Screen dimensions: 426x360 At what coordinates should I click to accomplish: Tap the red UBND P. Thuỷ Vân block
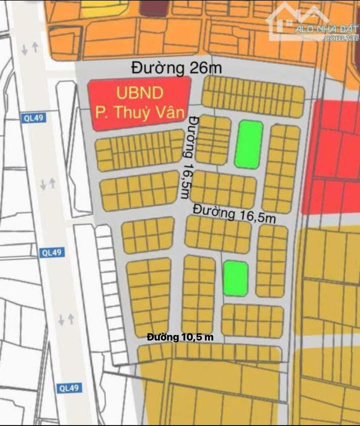pyautogui.click(x=139, y=104)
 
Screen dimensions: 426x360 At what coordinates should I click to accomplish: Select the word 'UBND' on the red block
pyautogui.click(x=140, y=93)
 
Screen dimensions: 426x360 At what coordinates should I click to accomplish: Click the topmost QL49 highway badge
pyautogui.click(x=33, y=118)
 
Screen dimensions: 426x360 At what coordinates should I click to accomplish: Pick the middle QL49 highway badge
pyautogui.click(x=52, y=252)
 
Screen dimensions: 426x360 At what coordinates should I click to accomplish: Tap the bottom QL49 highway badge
pyautogui.click(x=69, y=387)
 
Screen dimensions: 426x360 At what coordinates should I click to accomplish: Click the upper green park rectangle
pyautogui.click(x=248, y=144)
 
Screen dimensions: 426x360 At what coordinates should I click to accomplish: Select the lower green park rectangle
pyautogui.click(x=235, y=278)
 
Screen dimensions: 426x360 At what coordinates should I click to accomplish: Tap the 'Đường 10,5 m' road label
pyautogui.click(x=180, y=337)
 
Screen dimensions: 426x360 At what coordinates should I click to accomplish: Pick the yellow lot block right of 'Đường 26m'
pyautogui.click(x=253, y=96)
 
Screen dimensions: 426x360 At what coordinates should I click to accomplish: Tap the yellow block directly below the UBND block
pyautogui.click(x=139, y=149)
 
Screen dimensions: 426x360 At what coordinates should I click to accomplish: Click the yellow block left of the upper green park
pyautogui.click(x=212, y=139)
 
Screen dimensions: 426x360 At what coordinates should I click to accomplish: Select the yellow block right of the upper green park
pyautogui.click(x=281, y=168)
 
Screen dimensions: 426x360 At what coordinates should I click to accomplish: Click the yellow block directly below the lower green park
pyautogui.click(x=252, y=320)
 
